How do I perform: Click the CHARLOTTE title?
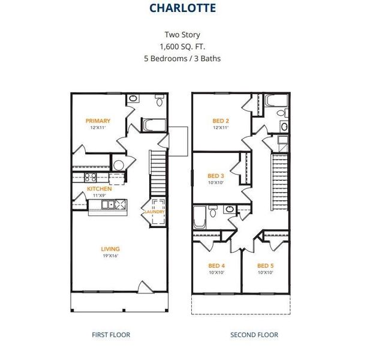[182, 8]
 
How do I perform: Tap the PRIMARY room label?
[98, 121]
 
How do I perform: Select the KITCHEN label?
[99, 189]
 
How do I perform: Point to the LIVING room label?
[110, 249]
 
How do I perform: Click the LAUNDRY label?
[155, 212]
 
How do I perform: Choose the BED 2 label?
[221, 121]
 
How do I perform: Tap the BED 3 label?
[216, 176]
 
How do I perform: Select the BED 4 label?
[216, 266]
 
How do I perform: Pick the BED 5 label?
[266, 266]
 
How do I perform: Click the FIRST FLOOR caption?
[111, 335]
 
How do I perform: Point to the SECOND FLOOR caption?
[254, 335]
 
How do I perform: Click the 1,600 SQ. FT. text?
[182, 47]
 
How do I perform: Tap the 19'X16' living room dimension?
[110, 256]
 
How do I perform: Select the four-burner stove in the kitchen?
[91, 178]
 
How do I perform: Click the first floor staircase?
[157, 173]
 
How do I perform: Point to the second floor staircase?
[279, 182]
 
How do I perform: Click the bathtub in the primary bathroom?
[154, 125]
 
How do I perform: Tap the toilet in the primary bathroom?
[159, 100]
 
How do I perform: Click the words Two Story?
[182, 35]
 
